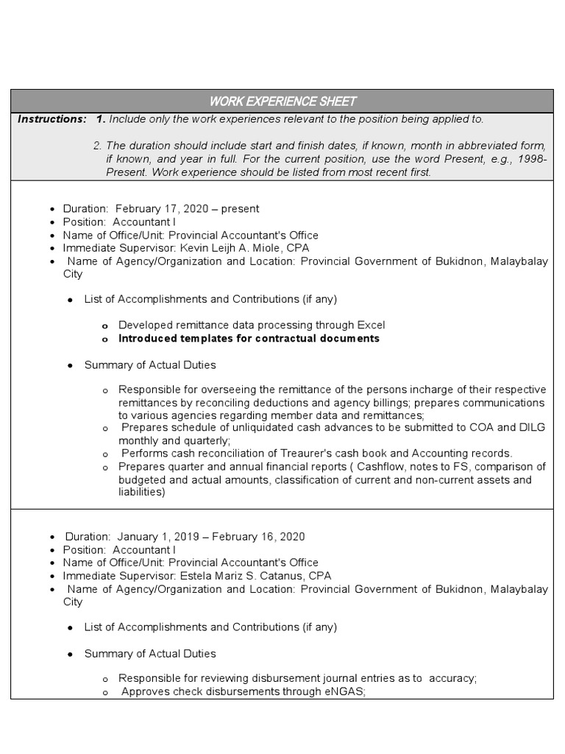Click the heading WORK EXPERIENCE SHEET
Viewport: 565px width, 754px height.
(282, 101)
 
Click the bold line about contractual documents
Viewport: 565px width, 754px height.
(249, 339)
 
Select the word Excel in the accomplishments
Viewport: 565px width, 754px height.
(369, 325)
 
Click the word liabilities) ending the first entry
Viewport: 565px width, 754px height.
(142, 493)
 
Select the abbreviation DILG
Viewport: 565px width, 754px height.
(531, 428)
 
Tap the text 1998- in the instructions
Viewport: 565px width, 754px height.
(532, 160)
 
